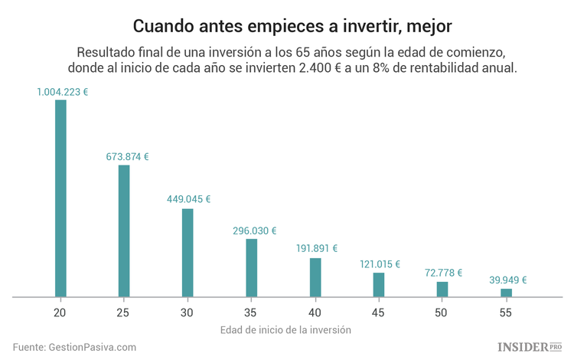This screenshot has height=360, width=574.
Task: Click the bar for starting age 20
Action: pyautogui.click(x=60, y=198)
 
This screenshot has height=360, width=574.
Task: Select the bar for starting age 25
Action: pyautogui.click(x=124, y=231)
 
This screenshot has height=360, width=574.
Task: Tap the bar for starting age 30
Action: pyautogui.click(x=188, y=252)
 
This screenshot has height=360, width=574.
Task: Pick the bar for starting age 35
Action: pyautogui.click(x=251, y=267)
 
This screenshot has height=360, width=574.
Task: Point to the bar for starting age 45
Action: pyautogui.click(x=379, y=284)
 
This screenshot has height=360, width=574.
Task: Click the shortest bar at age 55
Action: pyautogui.click(x=506, y=292)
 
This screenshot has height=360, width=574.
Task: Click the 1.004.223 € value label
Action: pyautogui.click(x=62, y=92)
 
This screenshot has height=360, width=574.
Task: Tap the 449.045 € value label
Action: pyautogui.click(x=189, y=199)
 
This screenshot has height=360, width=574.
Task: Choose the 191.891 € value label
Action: pyautogui.click(x=316, y=248)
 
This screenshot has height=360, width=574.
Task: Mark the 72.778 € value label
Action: pyautogui.click(x=444, y=273)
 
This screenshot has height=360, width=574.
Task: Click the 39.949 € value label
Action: pyautogui.click(x=507, y=280)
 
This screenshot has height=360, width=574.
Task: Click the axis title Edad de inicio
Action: pyautogui.click(x=285, y=330)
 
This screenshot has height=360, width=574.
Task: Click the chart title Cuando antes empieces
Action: pyautogui.click(x=286, y=26)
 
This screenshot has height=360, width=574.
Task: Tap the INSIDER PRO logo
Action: pyautogui.click(x=529, y=347)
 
